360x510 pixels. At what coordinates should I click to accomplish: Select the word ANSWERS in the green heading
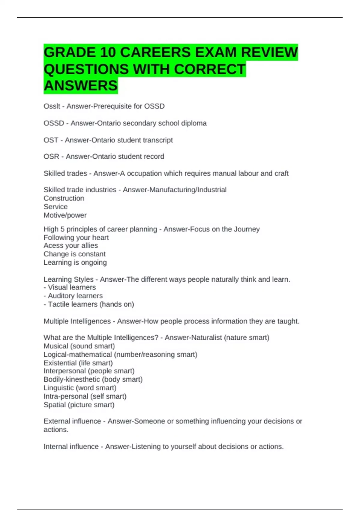80,86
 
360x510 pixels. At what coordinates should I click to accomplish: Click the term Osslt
52,106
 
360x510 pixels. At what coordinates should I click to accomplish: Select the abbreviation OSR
51,157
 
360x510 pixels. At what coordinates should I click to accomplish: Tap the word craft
281,173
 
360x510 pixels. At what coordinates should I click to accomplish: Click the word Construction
64,198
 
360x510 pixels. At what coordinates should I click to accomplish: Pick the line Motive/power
65,215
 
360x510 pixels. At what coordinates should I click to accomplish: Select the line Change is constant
74,254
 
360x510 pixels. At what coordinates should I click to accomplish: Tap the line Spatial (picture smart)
79,405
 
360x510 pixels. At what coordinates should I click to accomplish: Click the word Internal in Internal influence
55,447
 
